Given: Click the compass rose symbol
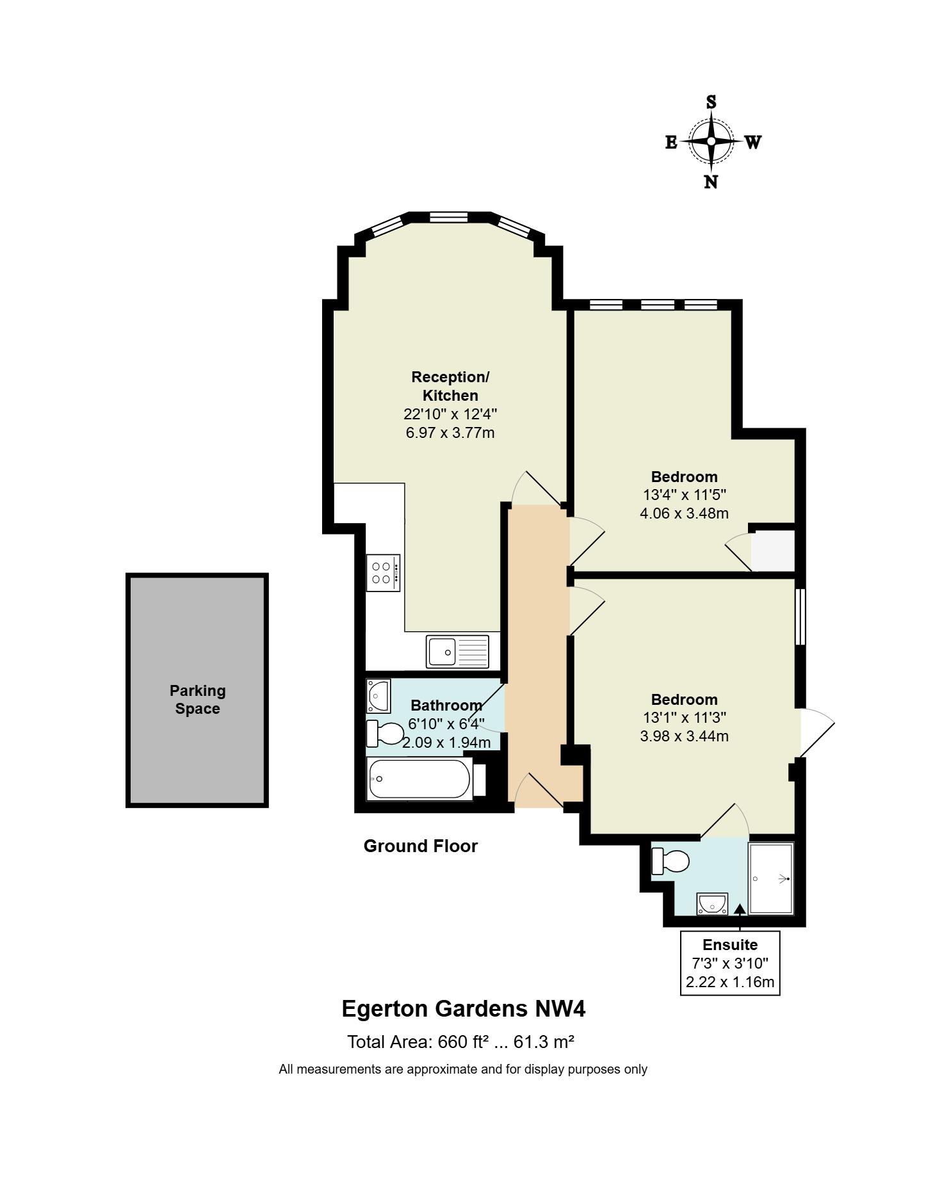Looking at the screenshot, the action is coord(711,141).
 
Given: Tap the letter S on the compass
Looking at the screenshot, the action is coord(711,102).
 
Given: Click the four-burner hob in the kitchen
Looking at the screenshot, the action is coord(383,573).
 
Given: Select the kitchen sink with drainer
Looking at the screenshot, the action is coord(457,651).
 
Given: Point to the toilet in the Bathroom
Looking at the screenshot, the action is coord(385,734).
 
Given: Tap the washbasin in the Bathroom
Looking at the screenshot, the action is coord(378,696).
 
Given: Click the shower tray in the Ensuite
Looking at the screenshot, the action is coord(772,878).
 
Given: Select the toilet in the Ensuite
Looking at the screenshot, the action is coord(670,861).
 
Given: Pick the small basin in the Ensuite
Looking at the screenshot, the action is coord(712,903).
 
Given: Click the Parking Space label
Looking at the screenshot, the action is coord(198,700).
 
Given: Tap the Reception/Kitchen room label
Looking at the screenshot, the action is coord(450,386).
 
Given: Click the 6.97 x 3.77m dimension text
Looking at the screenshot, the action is coord(450,433).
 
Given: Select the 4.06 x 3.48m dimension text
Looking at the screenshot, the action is coord(685,513).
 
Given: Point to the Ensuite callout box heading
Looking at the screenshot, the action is coord(730,945).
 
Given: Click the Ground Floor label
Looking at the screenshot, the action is coord(421,846).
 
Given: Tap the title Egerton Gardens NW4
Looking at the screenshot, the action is coord(464,1009).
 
